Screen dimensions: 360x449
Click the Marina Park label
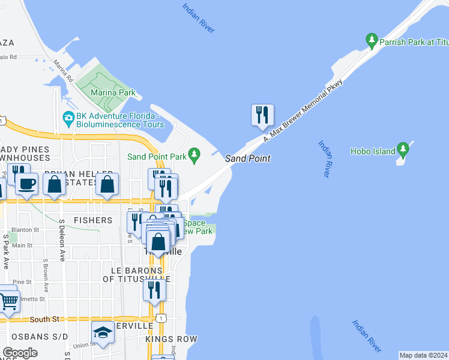click(113, 93)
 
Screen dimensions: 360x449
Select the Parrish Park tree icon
click(372, 41)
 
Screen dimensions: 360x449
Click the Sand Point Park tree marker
click(194, 156)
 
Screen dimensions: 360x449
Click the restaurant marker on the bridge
click(262, 115)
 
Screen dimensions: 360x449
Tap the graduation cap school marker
click(103, 332)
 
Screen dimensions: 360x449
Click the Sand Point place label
click(247, 158)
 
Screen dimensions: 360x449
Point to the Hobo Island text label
click(373, 152)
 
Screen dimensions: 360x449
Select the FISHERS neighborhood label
click(93, 220)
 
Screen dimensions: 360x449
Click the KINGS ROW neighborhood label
click(172, 339)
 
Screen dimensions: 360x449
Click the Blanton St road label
click(25, 229)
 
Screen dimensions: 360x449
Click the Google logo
click(20, 353)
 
